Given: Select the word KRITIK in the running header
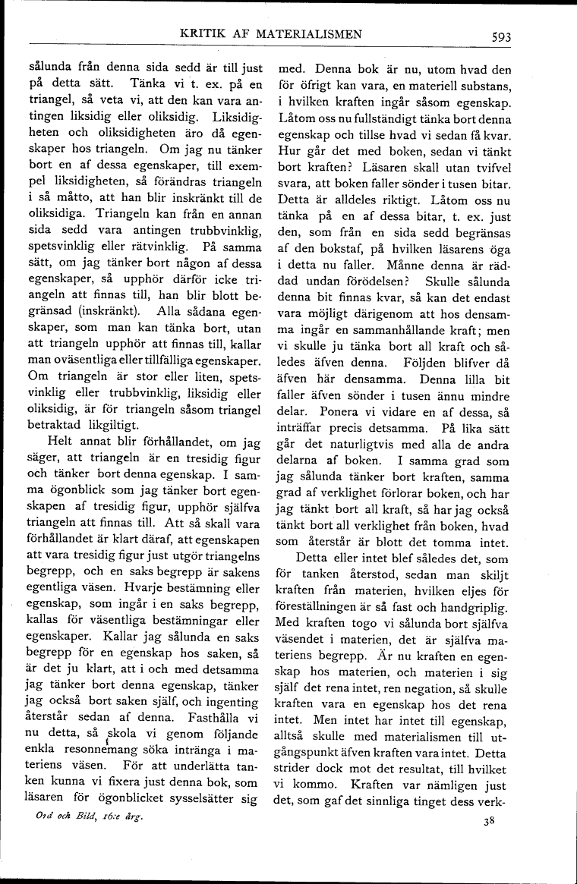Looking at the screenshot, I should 199,33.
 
